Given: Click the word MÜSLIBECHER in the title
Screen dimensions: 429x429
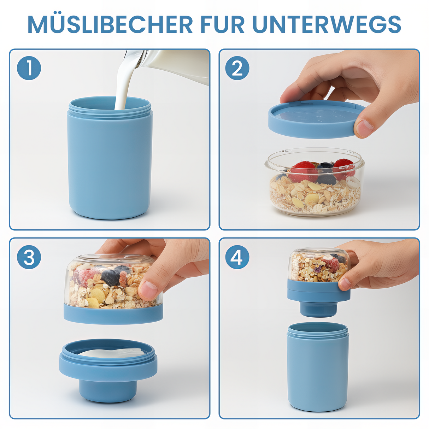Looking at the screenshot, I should pos(110,24).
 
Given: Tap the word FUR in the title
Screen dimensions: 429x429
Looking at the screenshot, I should pos(222,24).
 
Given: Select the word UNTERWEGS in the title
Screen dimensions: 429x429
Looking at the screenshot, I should pos(327,24).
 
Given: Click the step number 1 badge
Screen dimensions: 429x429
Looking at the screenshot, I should pos(29,68).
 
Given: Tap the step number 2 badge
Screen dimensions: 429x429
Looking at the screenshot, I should pos(237,68).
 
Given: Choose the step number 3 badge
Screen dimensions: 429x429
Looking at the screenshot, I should pos(29,257).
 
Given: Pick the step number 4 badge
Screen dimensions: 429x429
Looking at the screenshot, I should pos(237,257).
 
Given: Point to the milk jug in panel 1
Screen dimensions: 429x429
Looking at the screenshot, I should pos(177,65).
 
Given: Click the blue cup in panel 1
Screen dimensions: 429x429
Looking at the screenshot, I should pos(110,163).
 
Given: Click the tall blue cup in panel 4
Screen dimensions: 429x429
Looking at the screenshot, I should pos(318,371).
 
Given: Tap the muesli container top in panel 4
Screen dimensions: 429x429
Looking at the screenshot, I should pos(318,267).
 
